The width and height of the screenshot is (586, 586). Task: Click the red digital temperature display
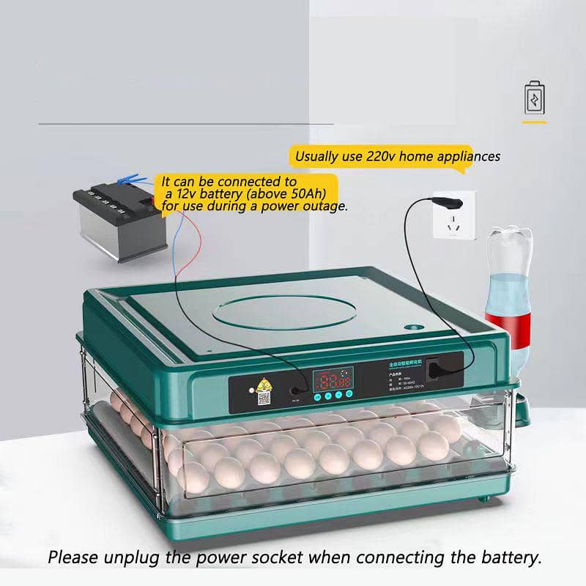tap(332, 379)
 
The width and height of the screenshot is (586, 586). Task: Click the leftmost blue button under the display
tap(316, 397)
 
